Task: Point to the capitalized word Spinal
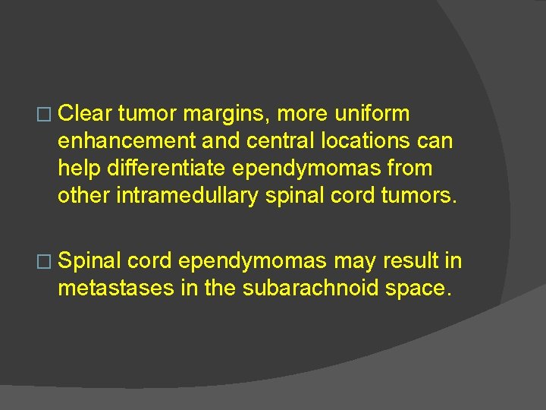tap(89, 261)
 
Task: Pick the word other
tap(84, 196)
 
